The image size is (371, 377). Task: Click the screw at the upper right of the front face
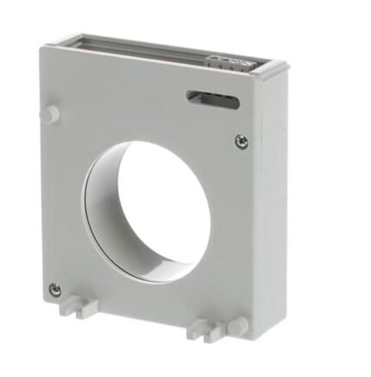click(241, 139)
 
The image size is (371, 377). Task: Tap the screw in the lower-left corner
click(55, 289)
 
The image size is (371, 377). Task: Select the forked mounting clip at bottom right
click(200, 327)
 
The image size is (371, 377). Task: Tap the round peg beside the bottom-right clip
click(237, 325)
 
